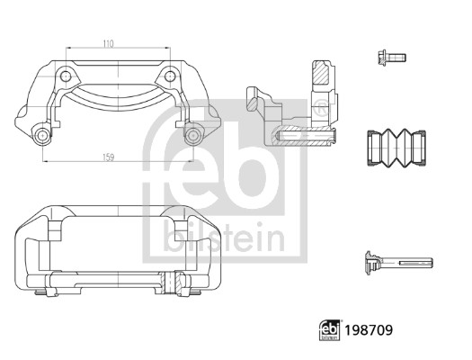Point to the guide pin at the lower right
400,263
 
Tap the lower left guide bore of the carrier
41,136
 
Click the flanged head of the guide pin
369,263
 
